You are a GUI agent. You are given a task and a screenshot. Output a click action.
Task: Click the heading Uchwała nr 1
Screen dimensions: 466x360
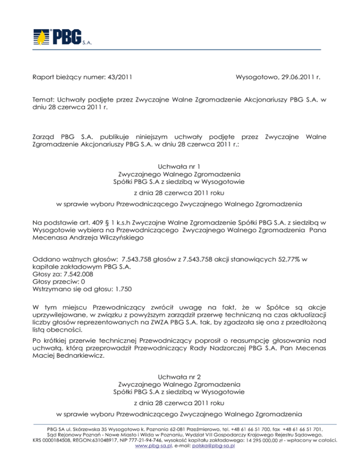pyautogui.click(x=180, y=165)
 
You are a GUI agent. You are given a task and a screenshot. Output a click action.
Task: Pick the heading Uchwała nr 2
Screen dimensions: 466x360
pyautogui.click(x=180, y=375)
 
